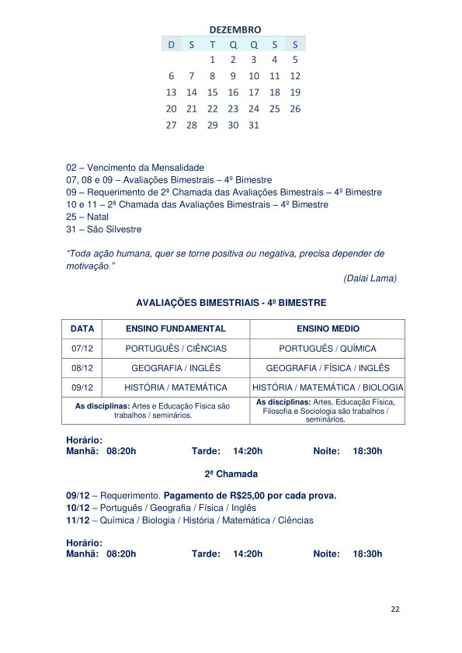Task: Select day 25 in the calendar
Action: click(274, 109)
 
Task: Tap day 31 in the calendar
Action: click(253, 125)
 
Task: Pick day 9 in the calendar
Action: click(233, 76)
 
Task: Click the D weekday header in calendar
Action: click(171, 44)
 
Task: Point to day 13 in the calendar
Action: click(171, 92)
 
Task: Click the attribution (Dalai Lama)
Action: click(370, 278)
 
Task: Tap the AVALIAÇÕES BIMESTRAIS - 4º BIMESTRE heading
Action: click(231, 302)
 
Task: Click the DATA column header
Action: click(82, 329)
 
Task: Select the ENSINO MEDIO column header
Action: click(328, 329)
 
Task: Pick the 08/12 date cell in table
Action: click(82, 368)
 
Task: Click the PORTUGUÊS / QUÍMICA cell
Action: click(328, 349)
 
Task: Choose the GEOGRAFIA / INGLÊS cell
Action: click(176, 368)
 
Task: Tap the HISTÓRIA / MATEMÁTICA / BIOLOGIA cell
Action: click(328, 387)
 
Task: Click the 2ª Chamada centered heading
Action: click(231, 473)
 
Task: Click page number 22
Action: click(395, 610)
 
